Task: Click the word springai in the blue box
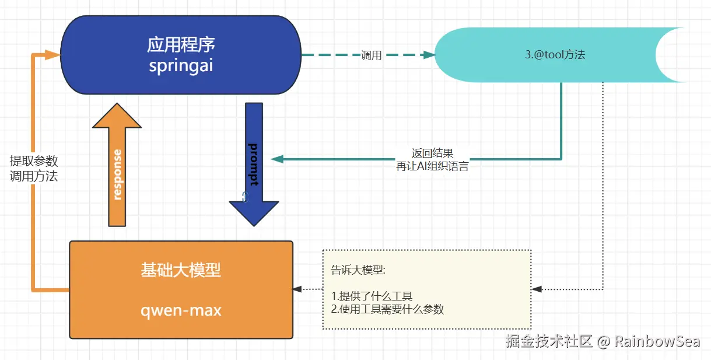tap(181, 65)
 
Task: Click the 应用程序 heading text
tap(181, 44)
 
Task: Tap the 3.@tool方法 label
tap(555, 55)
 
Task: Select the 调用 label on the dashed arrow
tap(371, 55)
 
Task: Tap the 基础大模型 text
tap(181, 270)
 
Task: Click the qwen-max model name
tap(181, 309)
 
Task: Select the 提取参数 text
tap(34, 161)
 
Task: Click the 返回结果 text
tap(432, 153)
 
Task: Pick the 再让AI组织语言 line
tap(432, 166)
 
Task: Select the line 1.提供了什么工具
tap(372, 296)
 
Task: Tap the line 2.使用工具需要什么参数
tap(387, 309)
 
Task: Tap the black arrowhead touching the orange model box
tap(297, 289)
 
